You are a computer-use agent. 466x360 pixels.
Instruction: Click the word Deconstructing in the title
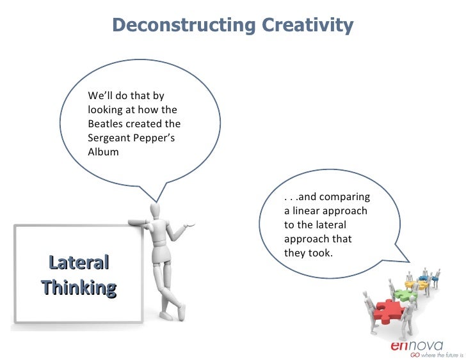(x=184, y=26)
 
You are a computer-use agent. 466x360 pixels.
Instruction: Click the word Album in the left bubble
(x=103, y=153)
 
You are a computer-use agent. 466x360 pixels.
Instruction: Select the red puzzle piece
(x=387, y=311)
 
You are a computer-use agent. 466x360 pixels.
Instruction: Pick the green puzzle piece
(x=405, y=295)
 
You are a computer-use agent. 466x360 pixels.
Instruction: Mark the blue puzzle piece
(x=425, y=279)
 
